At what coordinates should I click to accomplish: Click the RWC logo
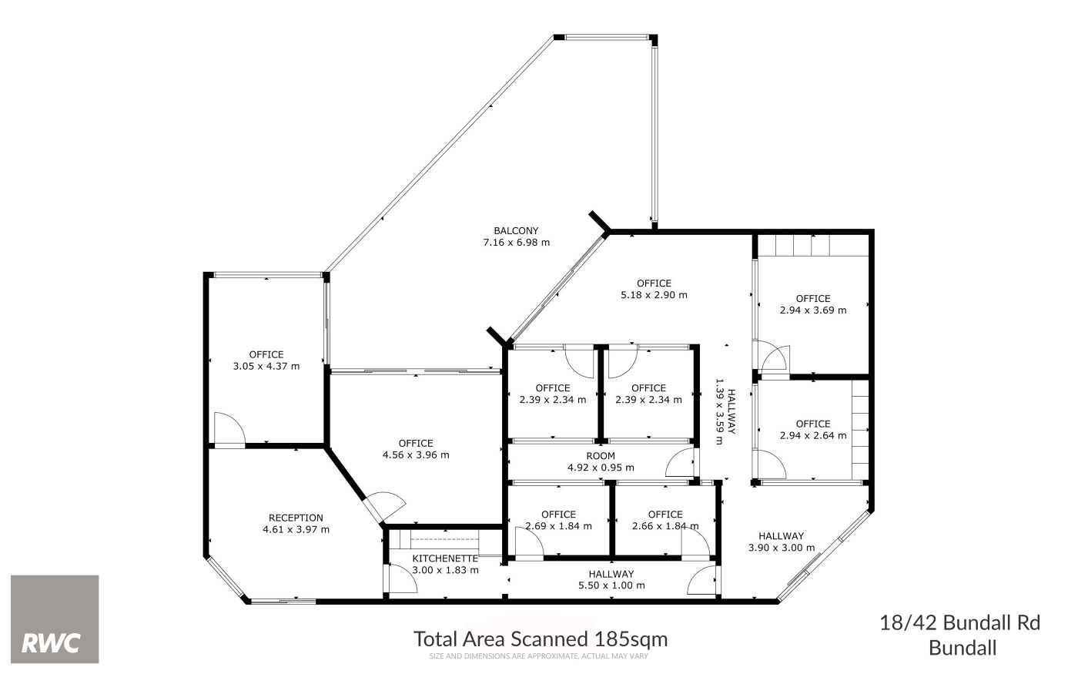(55, 619)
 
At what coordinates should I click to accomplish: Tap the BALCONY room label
(516, 230)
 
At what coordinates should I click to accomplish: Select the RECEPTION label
(296, 518)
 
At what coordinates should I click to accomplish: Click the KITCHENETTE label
(445, 558)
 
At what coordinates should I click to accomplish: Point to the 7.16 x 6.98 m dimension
(517, 242)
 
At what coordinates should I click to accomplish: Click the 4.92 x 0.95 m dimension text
(601, 467)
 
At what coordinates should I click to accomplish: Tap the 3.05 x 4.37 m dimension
(266, 366)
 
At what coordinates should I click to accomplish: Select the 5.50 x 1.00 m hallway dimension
(611, 585)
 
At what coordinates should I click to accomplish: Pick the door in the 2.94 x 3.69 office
(774, 357)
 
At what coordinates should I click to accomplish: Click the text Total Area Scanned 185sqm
(541, 639)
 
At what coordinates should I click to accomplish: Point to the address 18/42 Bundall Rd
(960, 622)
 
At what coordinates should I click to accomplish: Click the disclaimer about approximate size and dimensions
(539, 656)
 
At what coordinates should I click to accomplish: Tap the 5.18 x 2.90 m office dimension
(654, 294)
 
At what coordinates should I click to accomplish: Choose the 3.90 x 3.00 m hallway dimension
(782, 548)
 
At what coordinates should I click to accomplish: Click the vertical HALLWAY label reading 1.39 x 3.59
(725, 411)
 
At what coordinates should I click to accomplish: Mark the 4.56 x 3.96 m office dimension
(416, 454)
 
